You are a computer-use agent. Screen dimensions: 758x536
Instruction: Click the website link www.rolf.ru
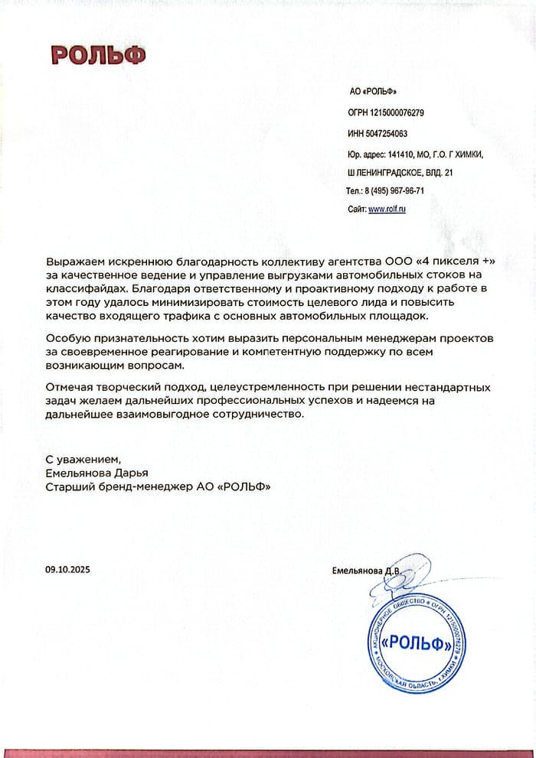[387, 209]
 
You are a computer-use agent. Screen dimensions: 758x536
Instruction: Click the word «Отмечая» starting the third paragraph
[70, 389]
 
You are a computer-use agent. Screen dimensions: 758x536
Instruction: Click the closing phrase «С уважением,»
[83, 460]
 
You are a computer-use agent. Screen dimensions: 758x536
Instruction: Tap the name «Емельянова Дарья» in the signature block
[96, 473]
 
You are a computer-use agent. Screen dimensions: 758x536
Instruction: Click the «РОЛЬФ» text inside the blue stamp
[417, 643]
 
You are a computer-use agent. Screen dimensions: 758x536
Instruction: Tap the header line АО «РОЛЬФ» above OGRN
[373, 92]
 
